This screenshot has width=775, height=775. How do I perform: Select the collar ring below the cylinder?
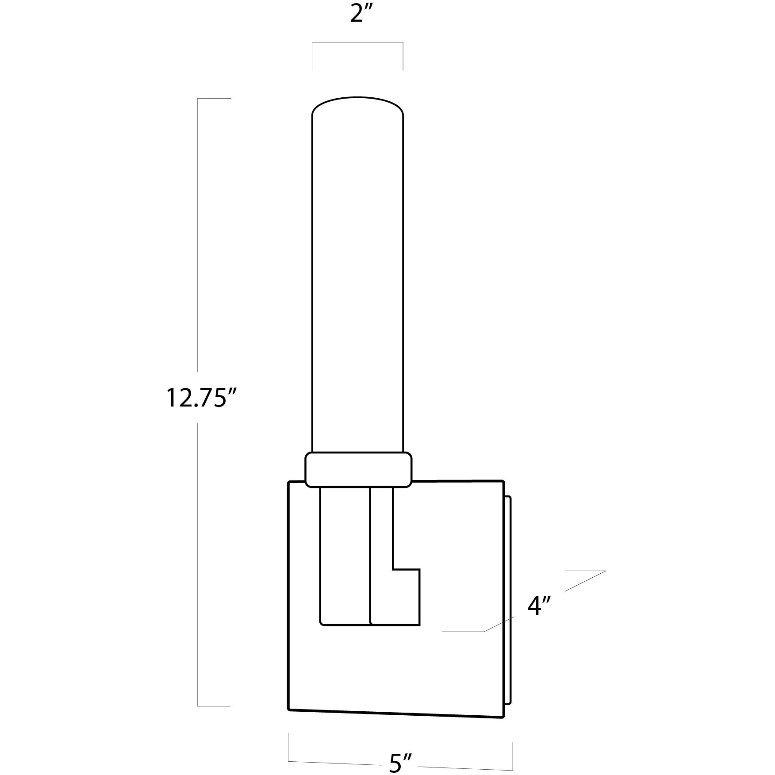pos(358,470)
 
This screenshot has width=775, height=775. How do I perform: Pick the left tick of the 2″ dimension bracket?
pos(312,56)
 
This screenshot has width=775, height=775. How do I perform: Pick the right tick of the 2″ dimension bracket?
pos(403,56)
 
